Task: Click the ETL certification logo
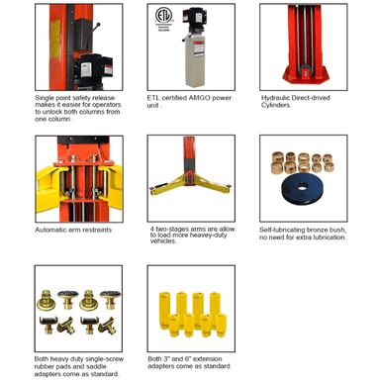164,17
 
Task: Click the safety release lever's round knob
98,24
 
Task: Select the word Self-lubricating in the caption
280,230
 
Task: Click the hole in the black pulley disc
303,186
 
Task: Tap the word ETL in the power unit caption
153,98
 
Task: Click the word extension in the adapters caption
209,359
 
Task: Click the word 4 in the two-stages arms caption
152,229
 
